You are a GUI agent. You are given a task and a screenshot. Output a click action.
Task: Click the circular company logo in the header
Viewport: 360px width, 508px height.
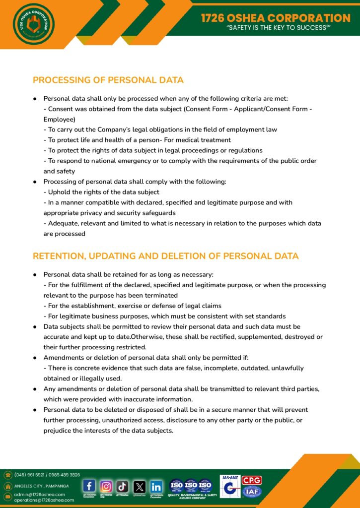(34, 24)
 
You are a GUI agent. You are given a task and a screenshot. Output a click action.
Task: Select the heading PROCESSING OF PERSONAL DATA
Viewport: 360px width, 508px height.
(108, 80)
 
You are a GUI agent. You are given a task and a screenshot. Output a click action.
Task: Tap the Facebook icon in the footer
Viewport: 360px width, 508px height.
(89, 486)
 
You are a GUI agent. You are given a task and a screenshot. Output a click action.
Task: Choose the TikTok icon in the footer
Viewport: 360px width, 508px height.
(123, 486)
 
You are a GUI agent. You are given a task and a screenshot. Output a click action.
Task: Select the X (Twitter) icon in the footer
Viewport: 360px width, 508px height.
(140, 486)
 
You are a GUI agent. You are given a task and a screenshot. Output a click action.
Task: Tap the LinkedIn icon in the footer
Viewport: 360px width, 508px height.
(156, 486)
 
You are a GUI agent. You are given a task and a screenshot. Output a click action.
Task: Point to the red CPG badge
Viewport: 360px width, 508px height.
(252, 480)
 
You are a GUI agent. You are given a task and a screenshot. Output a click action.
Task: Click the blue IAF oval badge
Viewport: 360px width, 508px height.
(252, 492)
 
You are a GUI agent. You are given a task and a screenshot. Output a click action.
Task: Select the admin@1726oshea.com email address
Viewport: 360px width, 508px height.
(40, 494)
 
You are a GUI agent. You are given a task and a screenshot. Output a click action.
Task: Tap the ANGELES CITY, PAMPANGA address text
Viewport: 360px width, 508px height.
(41, 486)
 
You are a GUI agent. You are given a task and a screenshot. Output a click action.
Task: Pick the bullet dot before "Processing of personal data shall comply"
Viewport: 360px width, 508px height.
(35, 182)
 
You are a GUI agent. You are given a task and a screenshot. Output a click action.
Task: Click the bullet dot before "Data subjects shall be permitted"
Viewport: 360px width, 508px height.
(35, 327)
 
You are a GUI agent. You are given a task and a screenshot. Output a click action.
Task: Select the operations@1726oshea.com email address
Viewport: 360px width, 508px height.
(44, 500)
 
